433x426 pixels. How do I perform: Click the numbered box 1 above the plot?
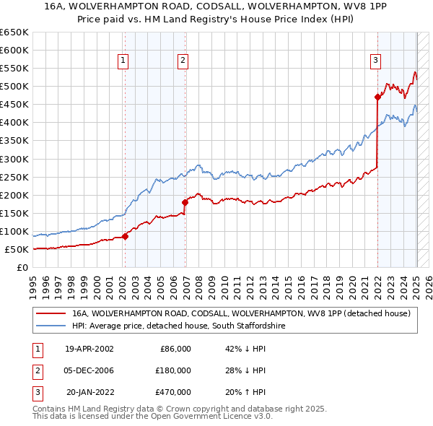click(124, 61)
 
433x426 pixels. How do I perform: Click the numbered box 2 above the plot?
click(183, 61)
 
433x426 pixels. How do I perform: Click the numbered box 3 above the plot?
click(376, 61)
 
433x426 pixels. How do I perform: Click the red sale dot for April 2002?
click(125, 235)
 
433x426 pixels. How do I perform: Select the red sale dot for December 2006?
click(185, 202)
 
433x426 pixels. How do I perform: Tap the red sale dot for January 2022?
click(377, 97)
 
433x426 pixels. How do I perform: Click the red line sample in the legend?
click(51, 313)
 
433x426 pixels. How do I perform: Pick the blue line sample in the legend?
click(51, 326)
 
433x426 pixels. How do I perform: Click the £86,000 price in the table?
click(174, 348)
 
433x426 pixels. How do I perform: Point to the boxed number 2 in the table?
click(35, 370)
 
